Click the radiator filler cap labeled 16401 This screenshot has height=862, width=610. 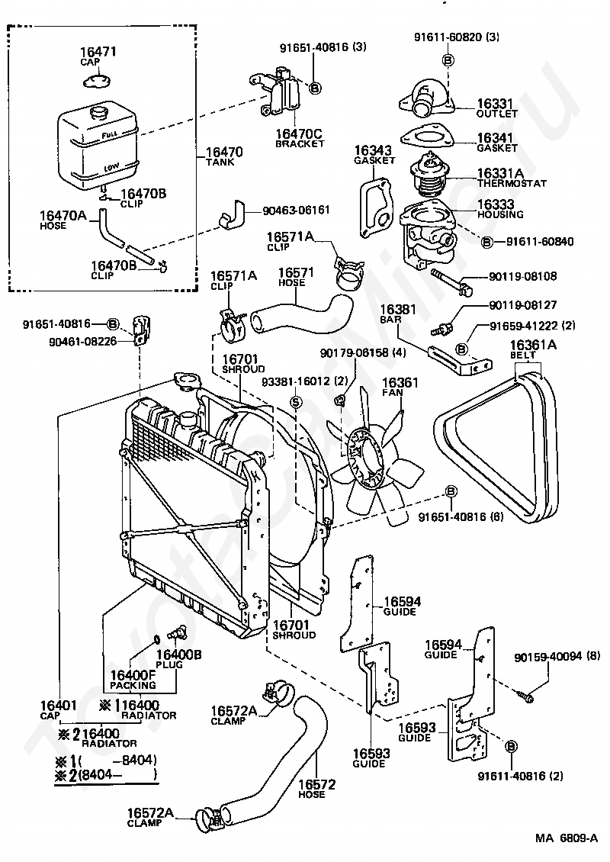tap(185, 379)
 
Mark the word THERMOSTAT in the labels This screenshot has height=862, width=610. tap(512, 184)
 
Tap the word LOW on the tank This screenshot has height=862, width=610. tap(111, 166)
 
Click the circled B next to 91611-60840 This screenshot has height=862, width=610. tap(487, 242)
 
